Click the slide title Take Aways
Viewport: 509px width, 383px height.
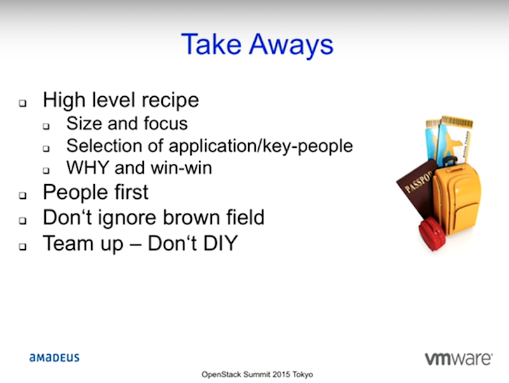point(257,45)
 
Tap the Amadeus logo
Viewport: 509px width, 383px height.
point(54,358)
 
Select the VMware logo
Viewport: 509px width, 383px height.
point(459,359)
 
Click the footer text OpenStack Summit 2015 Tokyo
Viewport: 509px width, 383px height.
point(257,375)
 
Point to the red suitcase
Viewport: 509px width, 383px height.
point(432,233)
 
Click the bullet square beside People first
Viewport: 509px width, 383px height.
point(22,195)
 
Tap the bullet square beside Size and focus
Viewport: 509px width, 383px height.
point(46,126)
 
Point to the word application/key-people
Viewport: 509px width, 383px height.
point(261,147)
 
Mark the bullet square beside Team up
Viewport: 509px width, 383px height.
point(22,247)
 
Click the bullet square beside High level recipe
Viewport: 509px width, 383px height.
point(22,103)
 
